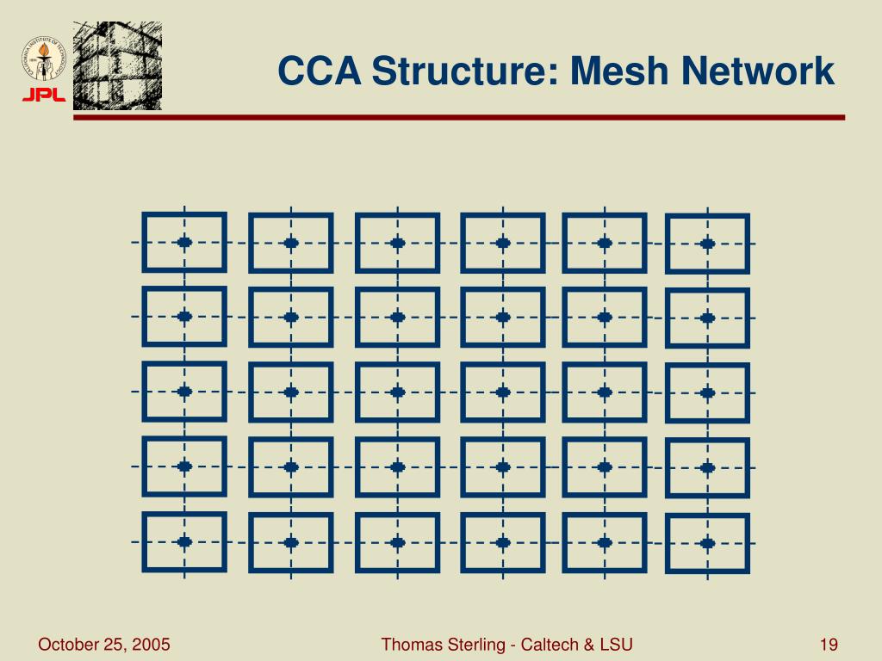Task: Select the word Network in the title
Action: click(x=758, y=71)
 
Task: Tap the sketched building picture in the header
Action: click(x=117, y=65)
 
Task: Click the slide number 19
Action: click(x=829, y=645)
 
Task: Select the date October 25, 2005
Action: click(x=103, y=645)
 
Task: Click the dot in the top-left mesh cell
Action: click(x=184, y=242)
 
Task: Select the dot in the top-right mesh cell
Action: click(x=707, y=244)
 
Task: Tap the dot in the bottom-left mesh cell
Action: click(x=184, y=541)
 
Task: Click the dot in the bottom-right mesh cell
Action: click(x=707, y=543)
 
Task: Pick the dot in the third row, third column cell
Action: click(x=397, y=392)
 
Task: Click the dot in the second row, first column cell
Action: click(x=184, y=316)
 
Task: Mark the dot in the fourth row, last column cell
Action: click(x=707, y=468)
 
